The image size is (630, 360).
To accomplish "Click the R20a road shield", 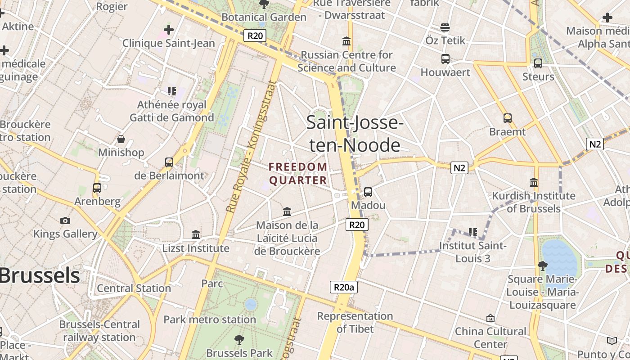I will pos(344,287).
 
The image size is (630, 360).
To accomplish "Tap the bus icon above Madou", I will pos(368,192).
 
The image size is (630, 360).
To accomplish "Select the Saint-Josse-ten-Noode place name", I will pos(354,134).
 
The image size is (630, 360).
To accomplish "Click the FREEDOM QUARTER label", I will pos(298,174).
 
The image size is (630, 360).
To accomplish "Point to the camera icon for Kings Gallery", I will pos(65,220).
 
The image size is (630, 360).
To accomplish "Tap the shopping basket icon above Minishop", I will pos(121,139).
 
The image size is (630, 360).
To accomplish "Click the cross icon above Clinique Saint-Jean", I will pos(169,30).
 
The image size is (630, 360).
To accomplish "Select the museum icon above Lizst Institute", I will pos(196,235).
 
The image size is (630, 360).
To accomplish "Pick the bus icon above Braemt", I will pos(508,118).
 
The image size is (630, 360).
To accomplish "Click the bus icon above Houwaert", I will pos(445,59).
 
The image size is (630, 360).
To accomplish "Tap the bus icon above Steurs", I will pos(538,63).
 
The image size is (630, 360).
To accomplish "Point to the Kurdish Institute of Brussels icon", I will pos(534,183).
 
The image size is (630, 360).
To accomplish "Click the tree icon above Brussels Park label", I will pos(239,340).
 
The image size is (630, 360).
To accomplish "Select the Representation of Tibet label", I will pos(355,322).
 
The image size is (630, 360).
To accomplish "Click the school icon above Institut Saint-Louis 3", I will pos(473,232).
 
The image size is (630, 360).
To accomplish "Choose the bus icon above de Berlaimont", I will pos(169,162).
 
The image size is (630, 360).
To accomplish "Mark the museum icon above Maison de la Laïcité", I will pos(287,211).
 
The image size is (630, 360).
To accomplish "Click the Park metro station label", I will pos(210,319).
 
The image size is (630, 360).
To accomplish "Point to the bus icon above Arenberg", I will pos(97,188).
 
